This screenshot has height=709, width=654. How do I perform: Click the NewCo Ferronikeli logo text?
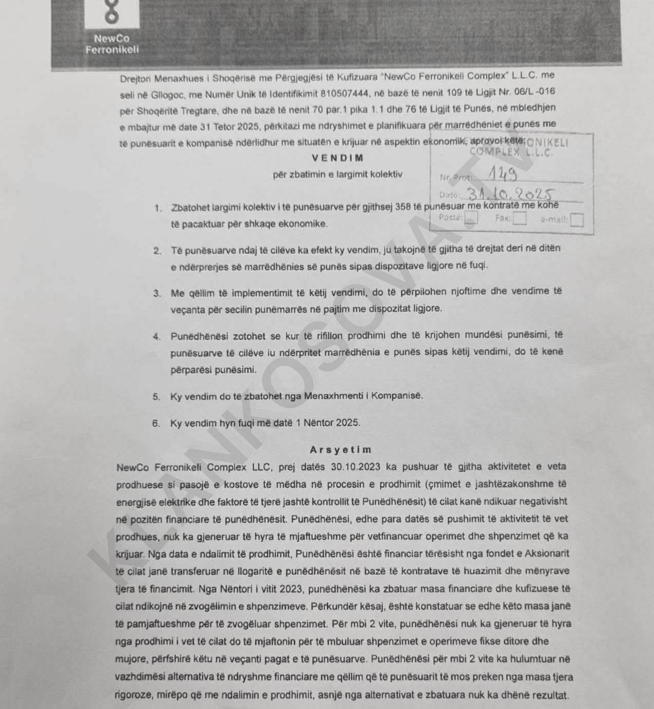point(112,44)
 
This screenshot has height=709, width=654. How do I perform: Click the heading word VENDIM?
point(337,158)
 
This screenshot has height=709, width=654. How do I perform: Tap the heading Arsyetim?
point(341,450)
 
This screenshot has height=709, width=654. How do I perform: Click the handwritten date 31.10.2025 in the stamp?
point(511,194)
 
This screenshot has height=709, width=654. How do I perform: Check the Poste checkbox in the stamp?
point(471,218)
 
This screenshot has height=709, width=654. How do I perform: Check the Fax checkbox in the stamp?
point(519,218)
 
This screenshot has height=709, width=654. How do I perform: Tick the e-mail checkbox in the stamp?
point(577,220)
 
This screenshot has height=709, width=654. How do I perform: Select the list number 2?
point(157,251)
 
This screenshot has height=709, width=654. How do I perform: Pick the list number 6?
point(156,423)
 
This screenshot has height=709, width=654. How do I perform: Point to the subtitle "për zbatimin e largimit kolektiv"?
point(337,175)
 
